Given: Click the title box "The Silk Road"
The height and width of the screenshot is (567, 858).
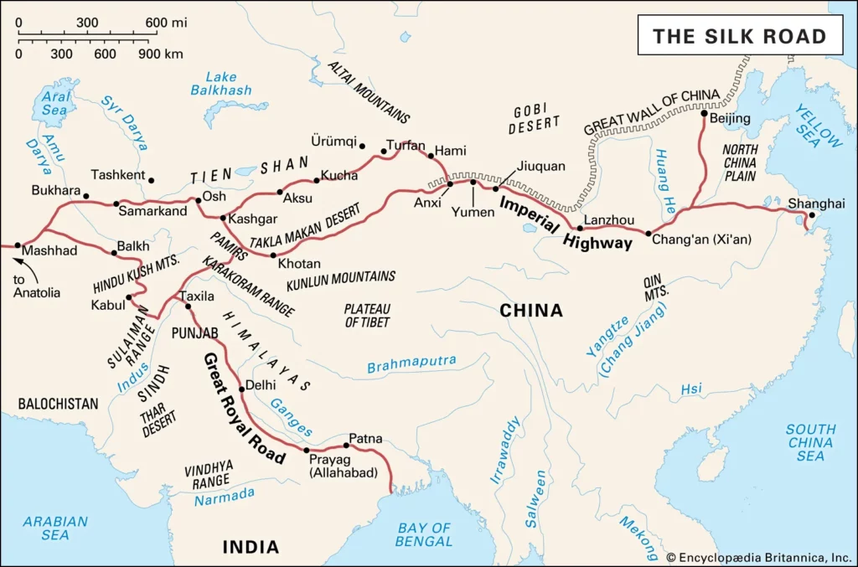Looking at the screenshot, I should click(x=740, y=35).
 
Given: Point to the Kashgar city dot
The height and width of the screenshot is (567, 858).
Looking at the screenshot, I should click(x=221, y=219).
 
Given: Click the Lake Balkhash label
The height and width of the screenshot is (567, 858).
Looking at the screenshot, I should click(x=220, y=84).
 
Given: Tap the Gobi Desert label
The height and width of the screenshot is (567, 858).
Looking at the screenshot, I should click(x=535, y=120).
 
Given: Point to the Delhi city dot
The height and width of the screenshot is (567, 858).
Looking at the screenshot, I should click(x=241, y=387).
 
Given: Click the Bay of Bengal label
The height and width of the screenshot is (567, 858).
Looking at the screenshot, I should click(x=424, y=534).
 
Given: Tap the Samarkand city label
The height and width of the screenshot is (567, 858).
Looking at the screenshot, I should click(x=152, y=212).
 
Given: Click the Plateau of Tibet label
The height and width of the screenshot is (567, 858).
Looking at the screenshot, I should click(x=367, y=315).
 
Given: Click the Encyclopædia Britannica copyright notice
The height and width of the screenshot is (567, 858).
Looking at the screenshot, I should click(x=758, y=556).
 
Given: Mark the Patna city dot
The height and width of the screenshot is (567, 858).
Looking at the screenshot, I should click(x=346, y=446).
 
